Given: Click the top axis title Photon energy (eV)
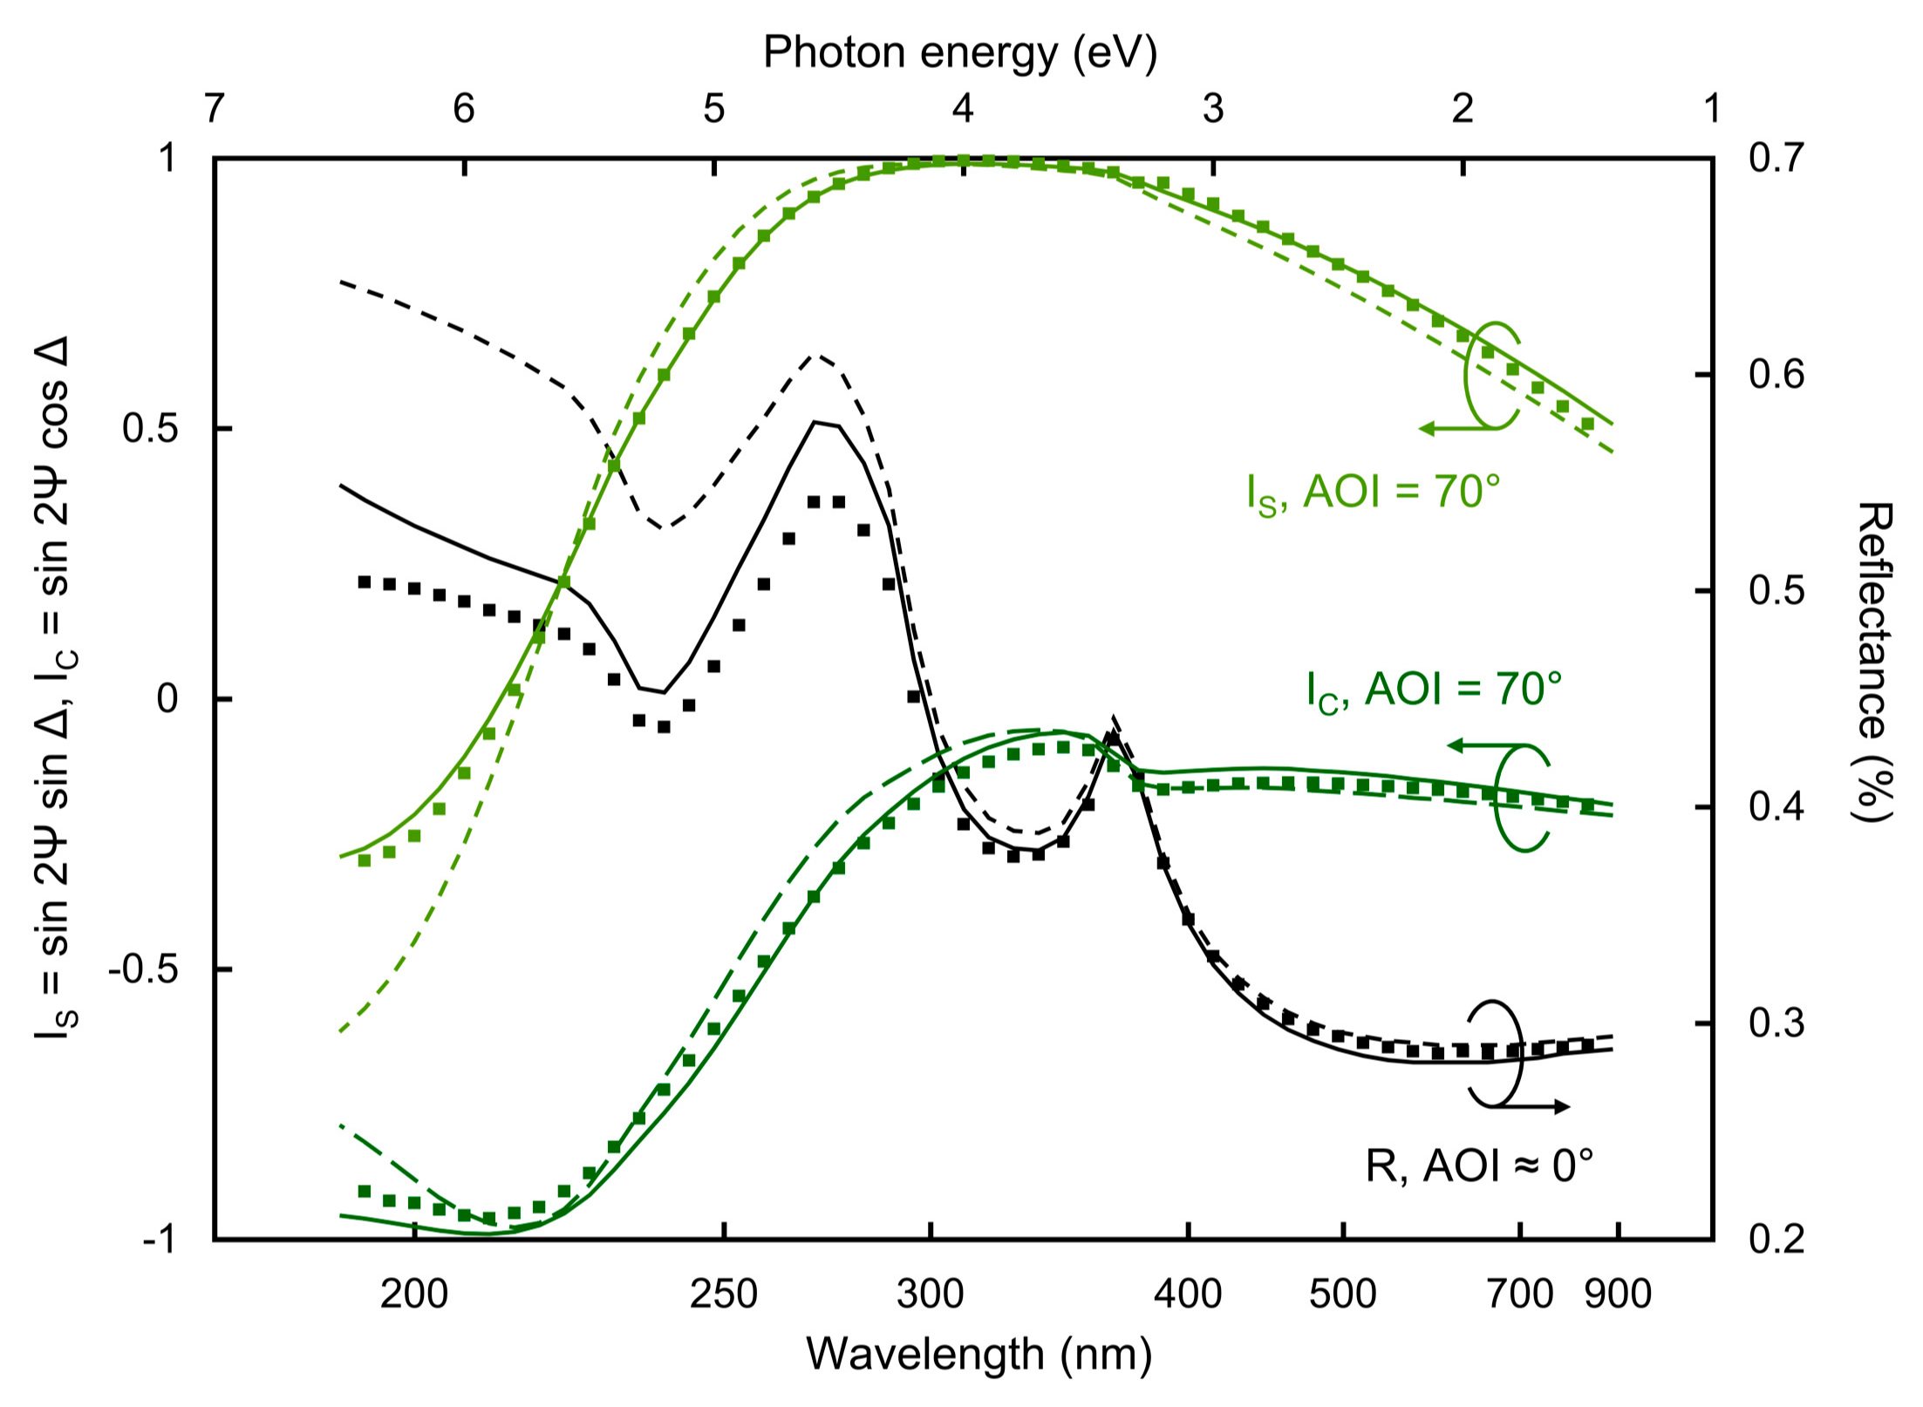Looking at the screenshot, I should pos(959,52).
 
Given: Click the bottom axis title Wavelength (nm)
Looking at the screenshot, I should pos(979,1355).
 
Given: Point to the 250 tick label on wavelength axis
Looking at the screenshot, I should pos(723,1295).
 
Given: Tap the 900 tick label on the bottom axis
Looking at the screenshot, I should pos(1618,1295).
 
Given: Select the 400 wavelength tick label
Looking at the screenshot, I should pos(1187,1295).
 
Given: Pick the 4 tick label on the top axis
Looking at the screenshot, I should pos(963,108).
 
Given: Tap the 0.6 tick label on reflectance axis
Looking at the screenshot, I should pos(1776,375).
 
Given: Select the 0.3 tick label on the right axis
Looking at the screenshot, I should pos(1776,1023).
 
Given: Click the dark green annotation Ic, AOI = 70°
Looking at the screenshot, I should pos(1434,691).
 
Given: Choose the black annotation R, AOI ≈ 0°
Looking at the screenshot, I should pos(1479,1166).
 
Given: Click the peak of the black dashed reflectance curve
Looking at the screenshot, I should pos(814,356).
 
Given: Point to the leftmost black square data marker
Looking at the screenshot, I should pos(365,581).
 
